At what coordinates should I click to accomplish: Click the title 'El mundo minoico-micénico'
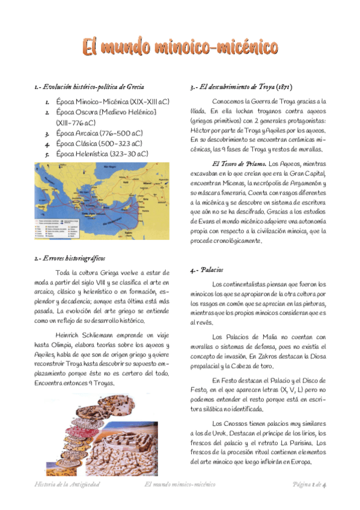[180, 47]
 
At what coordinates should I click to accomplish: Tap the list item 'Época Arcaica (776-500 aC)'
[99, 133]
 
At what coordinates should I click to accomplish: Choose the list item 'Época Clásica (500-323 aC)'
[99, 143]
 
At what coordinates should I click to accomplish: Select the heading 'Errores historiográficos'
[75, 259]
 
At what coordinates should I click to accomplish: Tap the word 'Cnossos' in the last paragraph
[233, 423]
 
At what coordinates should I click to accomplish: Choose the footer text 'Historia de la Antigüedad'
[66, 485]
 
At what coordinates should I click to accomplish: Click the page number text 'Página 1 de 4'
[309, 485]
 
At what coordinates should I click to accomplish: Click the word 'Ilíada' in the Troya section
[198, 111]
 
